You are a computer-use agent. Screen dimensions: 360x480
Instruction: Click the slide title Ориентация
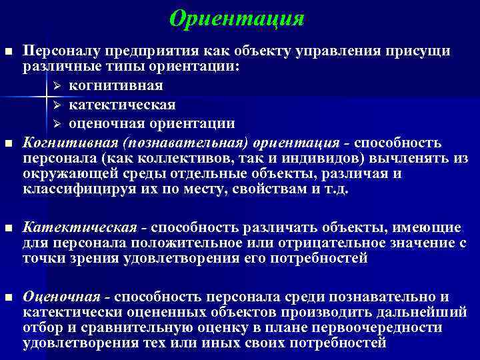[237, 19]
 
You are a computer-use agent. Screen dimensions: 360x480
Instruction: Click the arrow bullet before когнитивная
[57, 86]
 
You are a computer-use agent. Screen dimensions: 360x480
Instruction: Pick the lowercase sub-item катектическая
[122, 105]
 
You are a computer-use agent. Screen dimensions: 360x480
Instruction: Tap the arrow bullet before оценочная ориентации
[57, 123]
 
